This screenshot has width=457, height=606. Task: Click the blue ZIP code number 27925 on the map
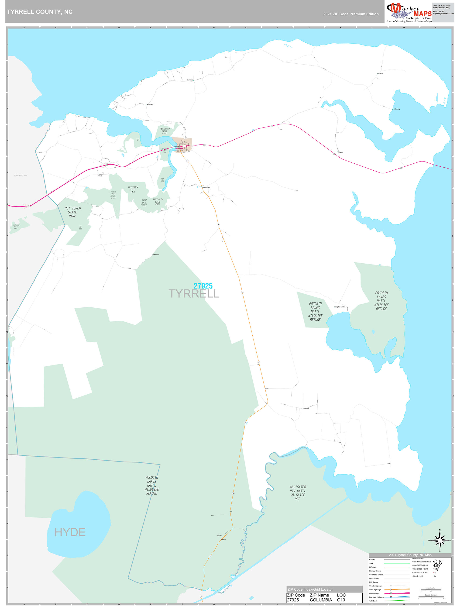tap(203, 286)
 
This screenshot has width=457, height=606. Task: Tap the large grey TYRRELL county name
tap(194, 294)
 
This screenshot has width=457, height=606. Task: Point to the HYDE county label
tap(70, 532)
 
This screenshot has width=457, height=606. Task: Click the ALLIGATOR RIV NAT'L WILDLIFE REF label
tap(298, 493)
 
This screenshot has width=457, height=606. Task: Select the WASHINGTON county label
tap(21, 176)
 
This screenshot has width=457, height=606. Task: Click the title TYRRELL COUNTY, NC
tap(40, 12)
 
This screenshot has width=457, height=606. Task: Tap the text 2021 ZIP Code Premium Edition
tap(351, 14)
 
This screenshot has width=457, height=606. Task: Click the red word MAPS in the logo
tap(423, 14)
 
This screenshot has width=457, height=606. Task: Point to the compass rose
tap(440, 541)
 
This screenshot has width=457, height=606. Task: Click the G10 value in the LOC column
tap(341, 600)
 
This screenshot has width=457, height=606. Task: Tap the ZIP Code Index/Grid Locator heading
tap(310, 589)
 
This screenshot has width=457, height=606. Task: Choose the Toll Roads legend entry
tap(373, 601)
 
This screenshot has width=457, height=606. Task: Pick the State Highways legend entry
tap(375, 589)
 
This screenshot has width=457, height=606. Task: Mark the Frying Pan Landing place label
tap(340, 307)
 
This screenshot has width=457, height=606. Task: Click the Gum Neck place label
tap(306, 409)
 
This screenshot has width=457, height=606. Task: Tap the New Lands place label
tap(155, 255)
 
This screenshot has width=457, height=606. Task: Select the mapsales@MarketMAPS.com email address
tap(443, 14)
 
